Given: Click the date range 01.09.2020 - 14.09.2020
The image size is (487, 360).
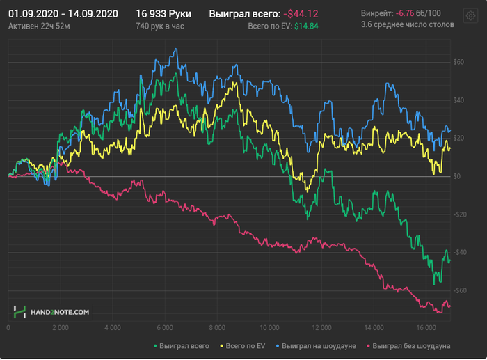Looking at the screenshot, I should pyautogui.click(x=63, y=14).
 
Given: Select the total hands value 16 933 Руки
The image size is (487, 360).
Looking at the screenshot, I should pyautogui.click(x=163, y=14).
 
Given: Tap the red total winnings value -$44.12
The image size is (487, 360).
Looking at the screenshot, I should pyautogui.click(x=301, y=14).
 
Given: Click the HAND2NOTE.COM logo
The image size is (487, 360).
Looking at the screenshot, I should pyautogui.click(x=51, y=313).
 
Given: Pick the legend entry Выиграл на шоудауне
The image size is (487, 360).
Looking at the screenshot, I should pyautogui.click(x=319, y=345).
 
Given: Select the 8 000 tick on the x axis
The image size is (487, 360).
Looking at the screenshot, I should pyautogui.click(x=217, y=327).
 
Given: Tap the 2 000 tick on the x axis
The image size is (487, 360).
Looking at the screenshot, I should pyautogui.click(x=60, y=327).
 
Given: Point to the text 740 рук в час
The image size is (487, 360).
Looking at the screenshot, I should pyautogui.click(x=161, y=26).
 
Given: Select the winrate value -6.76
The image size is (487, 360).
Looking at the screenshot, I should pyautogui.click(x=404, y=14).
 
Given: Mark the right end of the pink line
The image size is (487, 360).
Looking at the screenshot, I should pyautogui.click(x=450, y=306).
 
